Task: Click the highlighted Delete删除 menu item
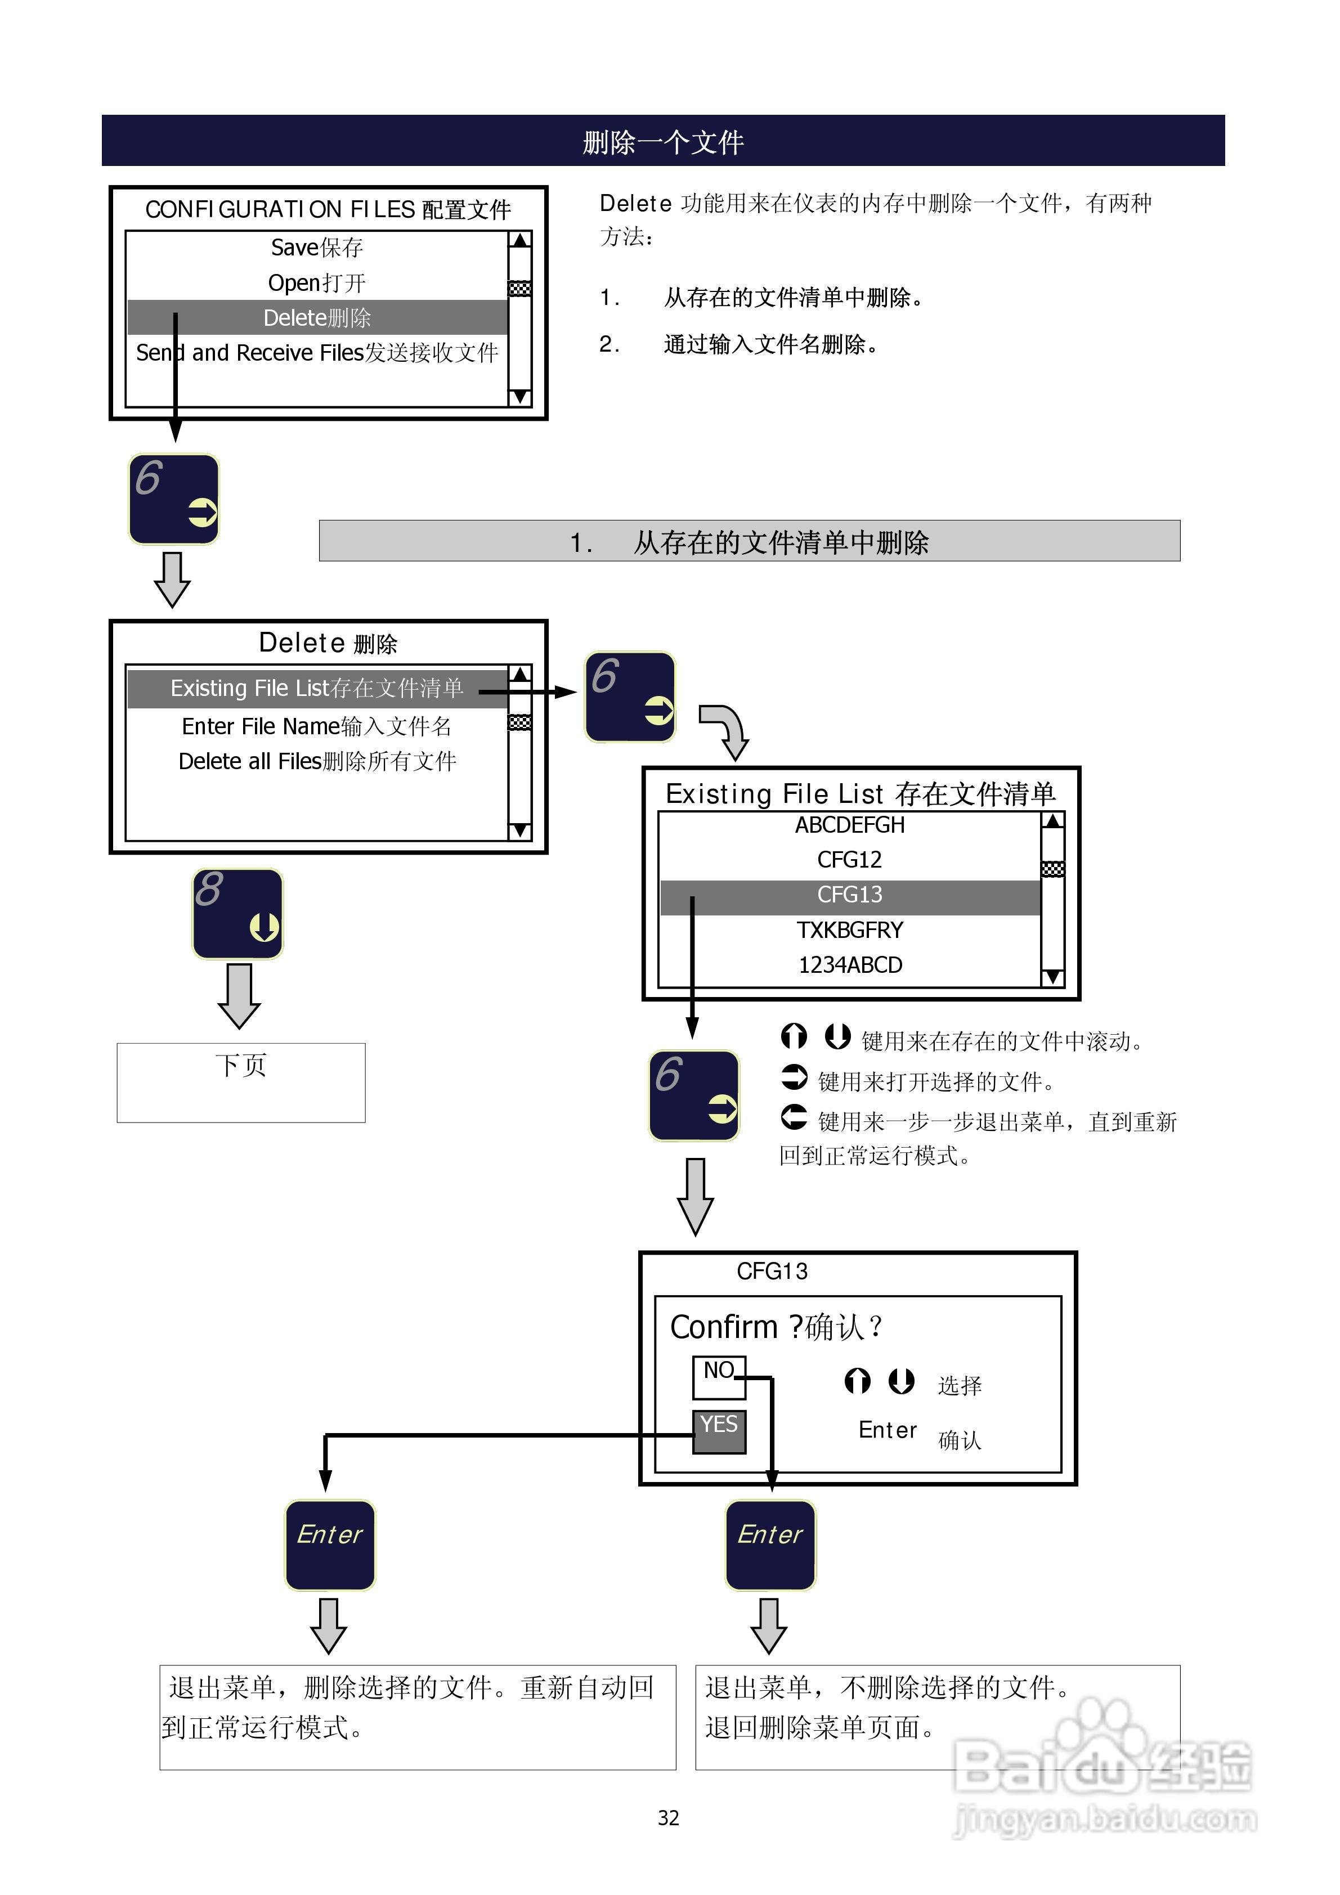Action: click(x=317, y=318)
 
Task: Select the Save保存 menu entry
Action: click(x=317, y=247)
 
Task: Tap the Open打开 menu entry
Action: click(x=317, y=283)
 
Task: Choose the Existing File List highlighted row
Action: click(x=317, y=688)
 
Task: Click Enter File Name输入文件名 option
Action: click(x=317, y=726)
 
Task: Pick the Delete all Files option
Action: click(x=317, y=761)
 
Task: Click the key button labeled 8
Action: click(x=238, y=914)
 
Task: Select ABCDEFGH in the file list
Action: click(x=850, y=824)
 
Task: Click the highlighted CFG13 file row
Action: click(x=850, y=895)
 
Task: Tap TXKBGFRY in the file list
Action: click(x=850, y=930)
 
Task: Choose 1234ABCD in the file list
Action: click(x=850, y=965)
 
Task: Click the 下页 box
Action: click(x=241, y=1082)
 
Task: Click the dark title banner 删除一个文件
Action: click(x=663, y=141)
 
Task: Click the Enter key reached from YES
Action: click(x=329, y=1545)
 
